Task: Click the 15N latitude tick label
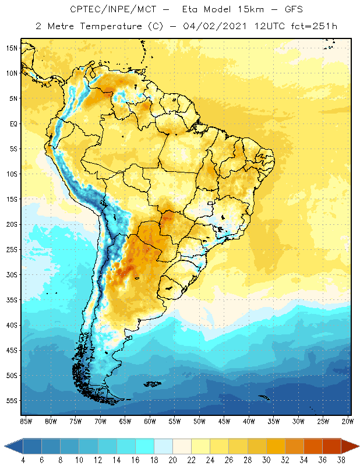[x=12, y=48]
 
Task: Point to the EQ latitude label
[x=12, y=123]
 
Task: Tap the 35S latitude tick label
[x=12, y=300]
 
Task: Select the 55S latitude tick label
[x=12, y=401]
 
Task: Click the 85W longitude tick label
[x=26, y=421]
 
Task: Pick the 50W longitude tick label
[x=199, y=421]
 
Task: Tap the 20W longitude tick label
[x=348, y=421]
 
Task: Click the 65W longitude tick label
[x=125, y=421]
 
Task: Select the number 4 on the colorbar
[x=23, y=460]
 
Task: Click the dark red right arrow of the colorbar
[x=350, y=446]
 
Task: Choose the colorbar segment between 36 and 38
[x=332, y=446]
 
